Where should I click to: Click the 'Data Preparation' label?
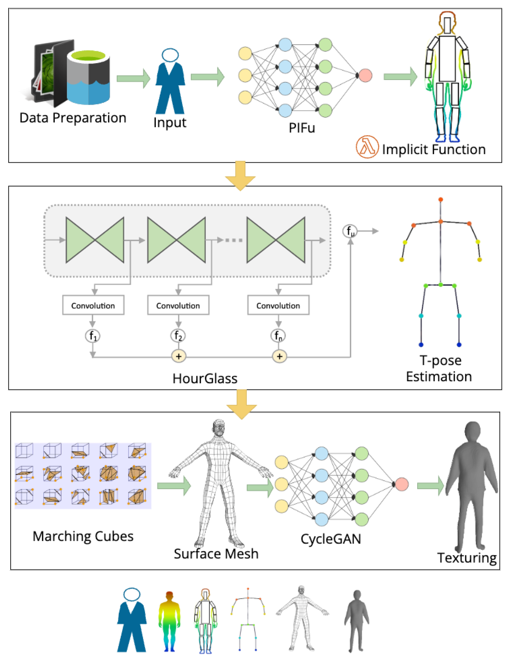(x=73, y=118)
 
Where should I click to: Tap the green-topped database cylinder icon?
(x=88, y=77)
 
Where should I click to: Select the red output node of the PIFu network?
(x=365, y=76)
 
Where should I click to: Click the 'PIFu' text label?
(x=302, y=128)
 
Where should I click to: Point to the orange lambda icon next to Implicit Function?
(x=367, y=147)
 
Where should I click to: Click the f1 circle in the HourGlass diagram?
(x=93, y=336)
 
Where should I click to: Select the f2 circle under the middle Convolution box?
(x=178, y=336)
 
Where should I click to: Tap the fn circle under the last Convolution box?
(x=278, y=336)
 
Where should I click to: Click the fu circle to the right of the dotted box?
(x=350, y=231)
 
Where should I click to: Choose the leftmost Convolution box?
(x=93, y=305)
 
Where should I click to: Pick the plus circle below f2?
(x=179, y=356)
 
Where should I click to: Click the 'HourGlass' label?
(x=205, y=379)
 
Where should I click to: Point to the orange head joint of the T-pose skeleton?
(x=441, y=199)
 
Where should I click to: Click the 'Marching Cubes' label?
(x=83, y=536)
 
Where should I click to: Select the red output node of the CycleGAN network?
(x=402, y=484)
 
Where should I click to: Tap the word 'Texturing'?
(x=467, y=558)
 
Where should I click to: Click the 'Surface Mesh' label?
(x=216, y=554)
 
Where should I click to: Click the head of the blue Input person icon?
(x=170, y=55)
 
